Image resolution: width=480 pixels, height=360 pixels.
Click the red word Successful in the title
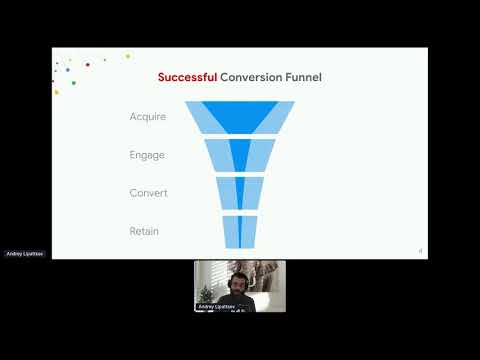coord(188,77)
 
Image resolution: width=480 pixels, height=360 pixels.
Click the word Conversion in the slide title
coord(251,77)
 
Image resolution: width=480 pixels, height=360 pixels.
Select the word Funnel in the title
coord(303,77)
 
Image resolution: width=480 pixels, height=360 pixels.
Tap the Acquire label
coord(148,117)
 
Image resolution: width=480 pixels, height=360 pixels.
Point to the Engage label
coord(148,155)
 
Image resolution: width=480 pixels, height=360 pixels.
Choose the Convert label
coord(148,193)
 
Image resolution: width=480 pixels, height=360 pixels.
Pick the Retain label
coord(144,231)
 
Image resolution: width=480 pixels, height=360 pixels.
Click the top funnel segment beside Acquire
coord(239,117)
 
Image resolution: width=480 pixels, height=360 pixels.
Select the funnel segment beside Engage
coord(239,155)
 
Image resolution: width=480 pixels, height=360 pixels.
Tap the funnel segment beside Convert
coord(239,193)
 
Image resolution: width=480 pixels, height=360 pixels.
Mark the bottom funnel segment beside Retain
coord(239,231)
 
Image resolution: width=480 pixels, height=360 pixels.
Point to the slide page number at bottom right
coord(420,251)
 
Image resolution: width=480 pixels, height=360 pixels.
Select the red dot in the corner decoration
coord(88,64)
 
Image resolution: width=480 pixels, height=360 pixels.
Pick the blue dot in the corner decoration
coord(67,70)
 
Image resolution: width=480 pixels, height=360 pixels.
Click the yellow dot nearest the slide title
coord(128,56)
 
